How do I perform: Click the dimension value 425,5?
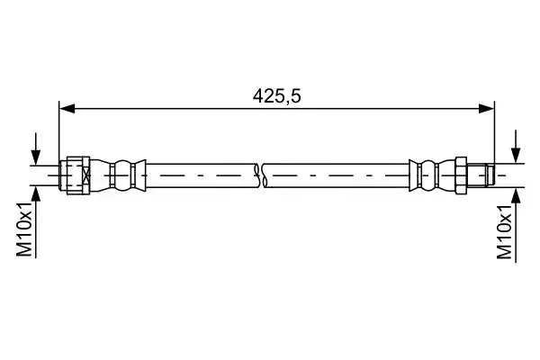tap(276, 96)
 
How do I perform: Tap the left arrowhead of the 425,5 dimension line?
tap(67, 109)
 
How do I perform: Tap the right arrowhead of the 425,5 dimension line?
tap(487, 109)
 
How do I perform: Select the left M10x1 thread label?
tap(24, 229)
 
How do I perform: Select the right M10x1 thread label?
tap(505, 231)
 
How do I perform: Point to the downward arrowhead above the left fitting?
tap(35, 157)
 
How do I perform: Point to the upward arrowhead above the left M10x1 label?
tap(35, 193)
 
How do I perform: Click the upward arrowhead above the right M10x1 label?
tap(516, 196)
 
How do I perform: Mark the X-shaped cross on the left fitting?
tap(86, 175)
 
